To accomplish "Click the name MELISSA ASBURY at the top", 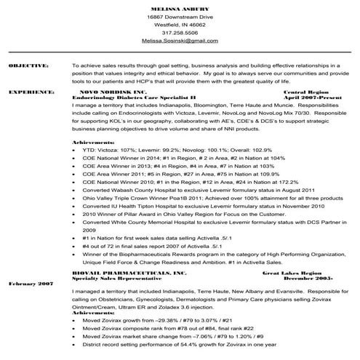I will (x=180, y=6).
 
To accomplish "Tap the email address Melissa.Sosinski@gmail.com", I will (x=180, y=41).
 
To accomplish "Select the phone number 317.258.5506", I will (x=180, y=33).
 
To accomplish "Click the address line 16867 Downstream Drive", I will (x=180, y=15).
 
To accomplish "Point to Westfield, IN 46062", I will (x=180, y=24).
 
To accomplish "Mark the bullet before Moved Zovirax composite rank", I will (x=75, y=329).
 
